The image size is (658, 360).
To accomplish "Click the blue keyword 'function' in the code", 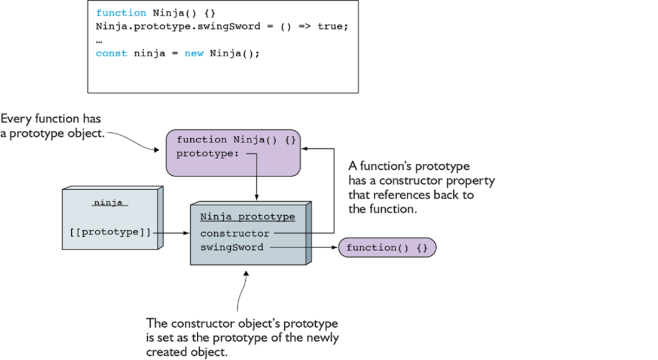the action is coord(121,13).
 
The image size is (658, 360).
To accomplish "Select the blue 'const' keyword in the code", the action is coord(111,53).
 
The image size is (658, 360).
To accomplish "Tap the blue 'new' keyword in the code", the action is coord(194,54).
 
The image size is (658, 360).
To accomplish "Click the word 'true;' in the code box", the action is coord(333,26).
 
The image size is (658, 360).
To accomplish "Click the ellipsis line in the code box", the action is coord(99,41).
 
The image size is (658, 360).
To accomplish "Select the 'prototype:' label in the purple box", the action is coord(208,154).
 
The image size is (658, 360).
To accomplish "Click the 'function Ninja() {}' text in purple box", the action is coord(236,139).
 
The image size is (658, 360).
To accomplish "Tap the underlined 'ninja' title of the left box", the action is coord(108,202).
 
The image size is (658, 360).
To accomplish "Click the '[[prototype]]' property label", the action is coord(110,232).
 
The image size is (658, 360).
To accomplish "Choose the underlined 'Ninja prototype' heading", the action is coord(248,217).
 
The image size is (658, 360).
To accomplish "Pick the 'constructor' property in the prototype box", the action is coord(234,233).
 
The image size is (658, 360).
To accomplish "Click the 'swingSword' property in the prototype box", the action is coord(231,247).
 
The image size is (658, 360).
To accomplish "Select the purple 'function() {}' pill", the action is coord(387,248).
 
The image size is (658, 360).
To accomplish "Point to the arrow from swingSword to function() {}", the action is coord(304,247).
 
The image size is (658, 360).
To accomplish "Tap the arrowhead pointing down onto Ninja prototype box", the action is coord(257,197).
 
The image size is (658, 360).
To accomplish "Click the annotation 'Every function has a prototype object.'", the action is coord(52,126).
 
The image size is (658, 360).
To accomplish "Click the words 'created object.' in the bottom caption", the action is coord(187,352).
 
